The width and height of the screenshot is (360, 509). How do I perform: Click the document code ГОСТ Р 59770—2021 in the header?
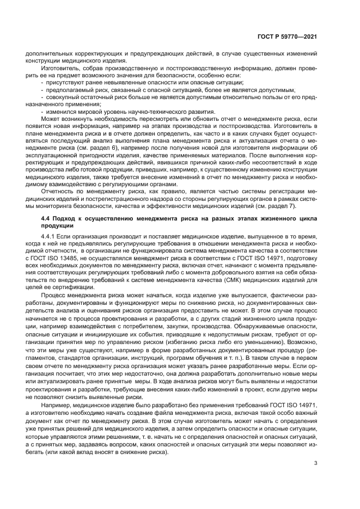click(286, 36)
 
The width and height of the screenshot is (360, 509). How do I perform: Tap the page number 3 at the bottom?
click(316, 463)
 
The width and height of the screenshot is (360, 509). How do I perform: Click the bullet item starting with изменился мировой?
click(129, 112)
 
